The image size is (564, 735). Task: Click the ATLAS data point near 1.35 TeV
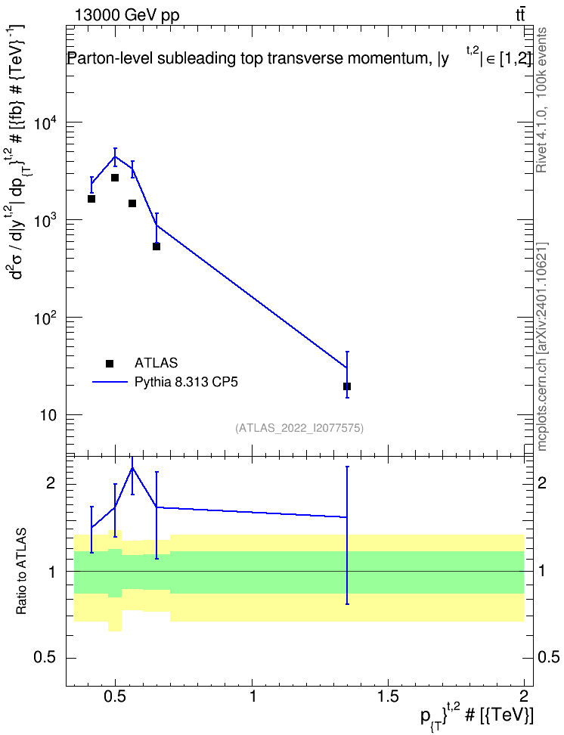coord(347,386)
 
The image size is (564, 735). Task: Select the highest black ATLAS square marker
coord(115,178)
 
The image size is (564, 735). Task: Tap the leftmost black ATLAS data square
coord(91,199)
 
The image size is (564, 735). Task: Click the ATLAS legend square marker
coord(110,363)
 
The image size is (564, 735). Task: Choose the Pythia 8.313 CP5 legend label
coord(186,382)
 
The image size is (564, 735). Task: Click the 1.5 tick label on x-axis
coord(388,696)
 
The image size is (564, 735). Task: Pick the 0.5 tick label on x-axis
coord(116,696)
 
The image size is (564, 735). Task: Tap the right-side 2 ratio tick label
coord(541,482)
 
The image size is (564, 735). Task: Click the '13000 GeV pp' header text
coord(126,15)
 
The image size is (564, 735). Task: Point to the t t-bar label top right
coord(520,15)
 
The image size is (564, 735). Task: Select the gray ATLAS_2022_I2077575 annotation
coord(299,427)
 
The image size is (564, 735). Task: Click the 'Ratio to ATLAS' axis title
coord(22,572)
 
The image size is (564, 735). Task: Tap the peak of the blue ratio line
coord(132,467)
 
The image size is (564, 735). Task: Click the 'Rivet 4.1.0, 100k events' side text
coord(541,101)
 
